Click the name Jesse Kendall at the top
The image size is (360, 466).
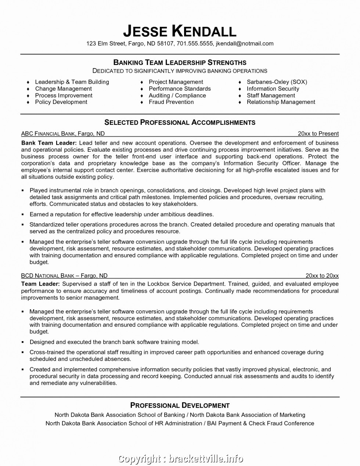180,31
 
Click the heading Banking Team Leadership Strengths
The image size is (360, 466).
180,62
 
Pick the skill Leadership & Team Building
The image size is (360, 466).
72,82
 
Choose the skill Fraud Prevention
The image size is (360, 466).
171,102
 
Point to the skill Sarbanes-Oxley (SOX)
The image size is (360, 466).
277,82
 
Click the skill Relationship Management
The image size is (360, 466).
281,102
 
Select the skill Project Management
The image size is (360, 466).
176,82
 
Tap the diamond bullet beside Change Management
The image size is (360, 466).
28,89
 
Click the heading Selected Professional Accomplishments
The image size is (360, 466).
180,122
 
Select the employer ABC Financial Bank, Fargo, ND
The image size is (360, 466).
63,134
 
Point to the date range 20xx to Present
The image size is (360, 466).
318,134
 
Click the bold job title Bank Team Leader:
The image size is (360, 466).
49,143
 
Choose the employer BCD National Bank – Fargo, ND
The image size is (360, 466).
64,275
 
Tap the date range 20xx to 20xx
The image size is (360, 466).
322,275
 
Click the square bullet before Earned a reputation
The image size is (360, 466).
22,214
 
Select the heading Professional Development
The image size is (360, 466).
180,405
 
